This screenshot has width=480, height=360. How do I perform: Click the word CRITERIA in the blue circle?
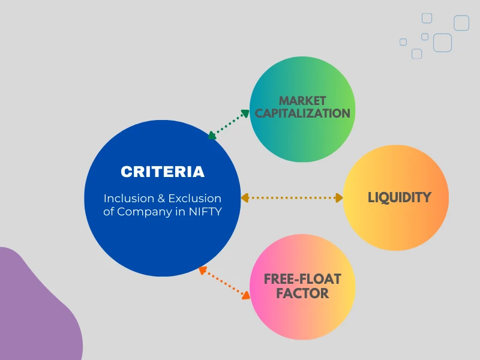click(x=162, y=172)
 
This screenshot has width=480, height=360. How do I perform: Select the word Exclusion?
click(x=194, y=198)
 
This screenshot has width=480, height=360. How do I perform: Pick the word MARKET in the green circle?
click(x=302, y=100)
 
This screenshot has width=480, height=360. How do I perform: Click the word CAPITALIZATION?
click(x=302, y=113)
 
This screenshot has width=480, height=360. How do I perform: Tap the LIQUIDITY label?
click(x=399, y=197)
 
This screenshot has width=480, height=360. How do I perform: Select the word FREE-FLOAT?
click(x=302, y=279)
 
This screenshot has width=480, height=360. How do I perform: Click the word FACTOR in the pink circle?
click(x=302, y=293)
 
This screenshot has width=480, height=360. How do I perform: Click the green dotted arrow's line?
click(x=229, y=125)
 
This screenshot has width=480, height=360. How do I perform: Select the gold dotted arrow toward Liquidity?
click(x=292, y=197)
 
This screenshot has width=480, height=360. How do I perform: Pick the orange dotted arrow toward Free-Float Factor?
click(x=224, y=282)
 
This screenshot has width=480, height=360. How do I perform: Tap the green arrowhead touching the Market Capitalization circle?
click(x=245, y=112)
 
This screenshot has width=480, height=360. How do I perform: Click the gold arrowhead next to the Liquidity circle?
click(x=338, y=197)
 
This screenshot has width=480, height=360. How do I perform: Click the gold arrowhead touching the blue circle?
click(x=245, y=197)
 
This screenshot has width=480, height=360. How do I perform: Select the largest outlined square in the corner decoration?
click(x=442, y=43)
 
